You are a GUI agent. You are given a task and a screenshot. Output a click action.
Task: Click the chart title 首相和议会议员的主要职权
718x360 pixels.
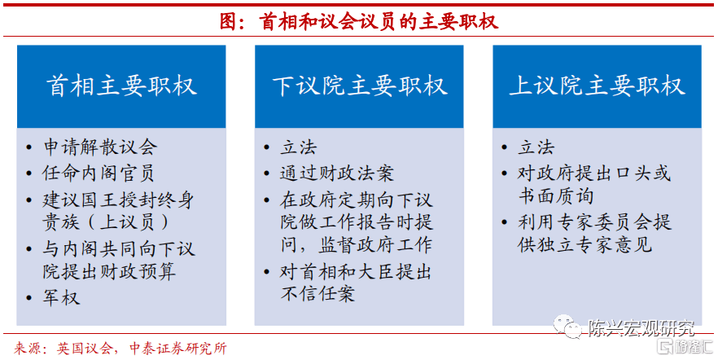(379, 21)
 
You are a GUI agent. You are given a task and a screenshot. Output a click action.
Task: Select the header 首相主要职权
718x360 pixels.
(121, 86)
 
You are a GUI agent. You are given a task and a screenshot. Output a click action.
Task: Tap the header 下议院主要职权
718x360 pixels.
(360, 86)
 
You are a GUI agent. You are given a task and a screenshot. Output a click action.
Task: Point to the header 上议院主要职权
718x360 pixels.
(598, 86)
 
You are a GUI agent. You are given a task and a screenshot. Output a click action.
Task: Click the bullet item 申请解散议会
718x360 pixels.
(100, 147)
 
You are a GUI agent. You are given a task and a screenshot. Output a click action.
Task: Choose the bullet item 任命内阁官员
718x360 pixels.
(98, 173)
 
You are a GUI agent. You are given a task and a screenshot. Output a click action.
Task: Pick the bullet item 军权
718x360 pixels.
(61, 298)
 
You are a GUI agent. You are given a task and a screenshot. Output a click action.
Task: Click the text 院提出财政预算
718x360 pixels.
(109, 271)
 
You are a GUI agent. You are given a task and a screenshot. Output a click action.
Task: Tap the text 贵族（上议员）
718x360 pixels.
(106, 222)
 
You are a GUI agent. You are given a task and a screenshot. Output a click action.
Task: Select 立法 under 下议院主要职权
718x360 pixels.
(298, 147)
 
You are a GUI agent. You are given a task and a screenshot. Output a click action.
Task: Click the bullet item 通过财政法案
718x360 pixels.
(336, 173)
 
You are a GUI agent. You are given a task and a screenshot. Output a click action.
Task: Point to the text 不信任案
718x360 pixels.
(317, 293)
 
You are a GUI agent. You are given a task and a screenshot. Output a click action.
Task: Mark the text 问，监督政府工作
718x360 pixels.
(357, 245)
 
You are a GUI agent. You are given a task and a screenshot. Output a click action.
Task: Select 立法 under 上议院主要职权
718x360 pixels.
(536, 147)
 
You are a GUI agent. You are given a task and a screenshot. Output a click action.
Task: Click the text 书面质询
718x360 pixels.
(556, 196)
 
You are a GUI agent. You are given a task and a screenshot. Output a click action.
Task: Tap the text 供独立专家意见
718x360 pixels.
(584, 244)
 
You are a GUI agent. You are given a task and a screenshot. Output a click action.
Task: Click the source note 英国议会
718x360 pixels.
(85, 349)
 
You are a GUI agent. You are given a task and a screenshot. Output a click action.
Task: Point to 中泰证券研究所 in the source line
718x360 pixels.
(178, 349)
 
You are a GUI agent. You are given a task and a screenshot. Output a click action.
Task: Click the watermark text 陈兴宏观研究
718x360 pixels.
(641, 328)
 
